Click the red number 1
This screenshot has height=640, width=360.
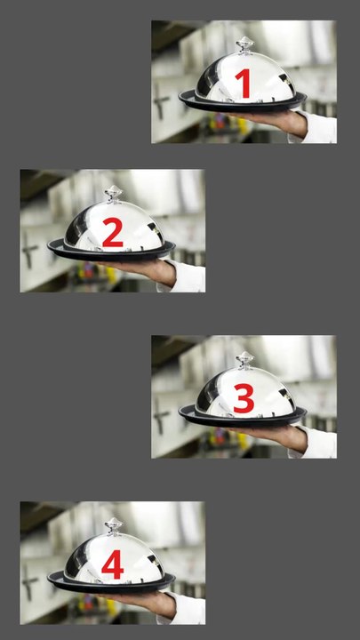click(244, 84)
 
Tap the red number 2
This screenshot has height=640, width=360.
click(113, 232)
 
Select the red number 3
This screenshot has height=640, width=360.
click(244, 398)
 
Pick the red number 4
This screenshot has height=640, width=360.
click(113, 564)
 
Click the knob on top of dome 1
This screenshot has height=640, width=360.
click(245, 44)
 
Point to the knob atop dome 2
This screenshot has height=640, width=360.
click(114, 194)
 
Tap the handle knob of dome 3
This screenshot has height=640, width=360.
click(245, 360)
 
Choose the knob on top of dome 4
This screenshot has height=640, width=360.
click(114, 525)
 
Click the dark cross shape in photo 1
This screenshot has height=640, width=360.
click(160, 100)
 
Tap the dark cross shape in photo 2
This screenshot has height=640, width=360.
click(28, 250)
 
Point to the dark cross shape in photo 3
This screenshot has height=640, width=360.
click(160, 415)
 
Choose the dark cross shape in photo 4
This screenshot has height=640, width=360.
click(28, 581)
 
